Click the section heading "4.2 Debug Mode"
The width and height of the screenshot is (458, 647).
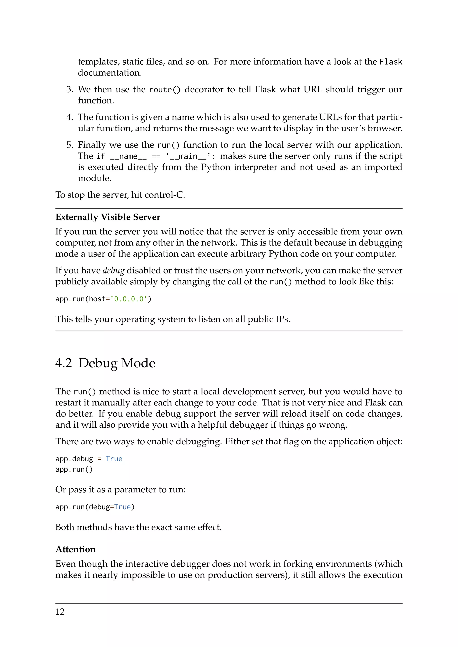pos(105,363)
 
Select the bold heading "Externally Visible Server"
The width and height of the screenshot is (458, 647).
pos(108,217)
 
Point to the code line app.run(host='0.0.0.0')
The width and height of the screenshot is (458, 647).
pos(103,299)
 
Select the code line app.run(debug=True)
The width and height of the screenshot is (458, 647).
pos(95,507)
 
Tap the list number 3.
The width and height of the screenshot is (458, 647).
pos(69,90)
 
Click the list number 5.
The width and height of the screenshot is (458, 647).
pos(69,145)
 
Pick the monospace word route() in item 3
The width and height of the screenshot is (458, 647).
pos(165,90)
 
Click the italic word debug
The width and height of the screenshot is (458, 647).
pos(113,271)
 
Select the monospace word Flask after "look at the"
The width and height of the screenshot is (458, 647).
pos(391,62)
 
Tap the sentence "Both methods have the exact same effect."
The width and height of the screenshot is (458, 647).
pos(138,527)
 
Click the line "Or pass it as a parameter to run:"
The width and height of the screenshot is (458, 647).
pos(120,489)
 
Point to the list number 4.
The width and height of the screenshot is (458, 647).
pos(69,117)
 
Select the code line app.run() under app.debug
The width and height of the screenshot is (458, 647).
pos(74,469)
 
